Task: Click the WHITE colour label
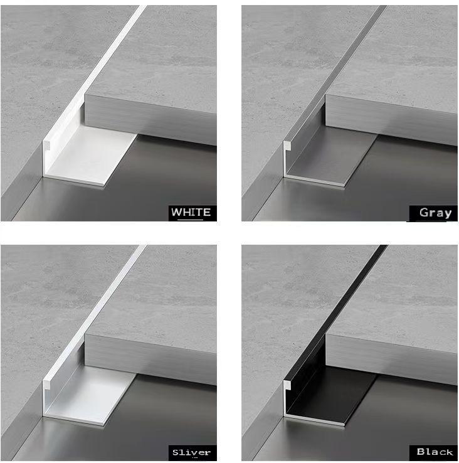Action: click(x=191, y=212)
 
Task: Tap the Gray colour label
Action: click(x=435, y=213)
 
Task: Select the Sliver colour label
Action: click(x=192, y=452)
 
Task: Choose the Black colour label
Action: click(x=435, y=452)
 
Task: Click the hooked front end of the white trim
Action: click(x=46, y=146)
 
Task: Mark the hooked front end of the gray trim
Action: click(x=287, y=145)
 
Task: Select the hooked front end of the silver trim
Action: click(x=46, y=385)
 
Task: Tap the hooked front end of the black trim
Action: click(x=287, y=385)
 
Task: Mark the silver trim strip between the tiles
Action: click(x=97, y=313)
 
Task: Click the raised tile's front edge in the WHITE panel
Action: click(x=150, y=120)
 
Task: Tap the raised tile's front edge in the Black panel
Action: click(x=391, y=359)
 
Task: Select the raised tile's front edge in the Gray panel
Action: click(x=391, y=120)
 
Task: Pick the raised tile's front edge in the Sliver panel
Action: click(x=150, y=359)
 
